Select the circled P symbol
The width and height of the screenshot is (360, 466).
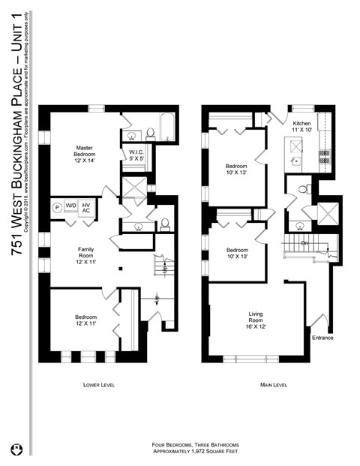click(x=56, y=206)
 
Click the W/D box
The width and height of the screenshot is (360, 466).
click(x=71, y=206)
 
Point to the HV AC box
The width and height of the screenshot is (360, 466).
click(x=86, y=207)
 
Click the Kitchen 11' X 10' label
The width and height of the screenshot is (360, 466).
click(x=301, y=127)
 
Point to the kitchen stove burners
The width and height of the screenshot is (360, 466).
click(x=325, y=157)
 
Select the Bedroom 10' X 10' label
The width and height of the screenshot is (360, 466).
click(x=237, y=254)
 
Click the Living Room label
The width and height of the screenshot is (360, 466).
click(x=257, y=321)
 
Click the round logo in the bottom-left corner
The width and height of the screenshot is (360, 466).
click(x=15, y=449)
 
